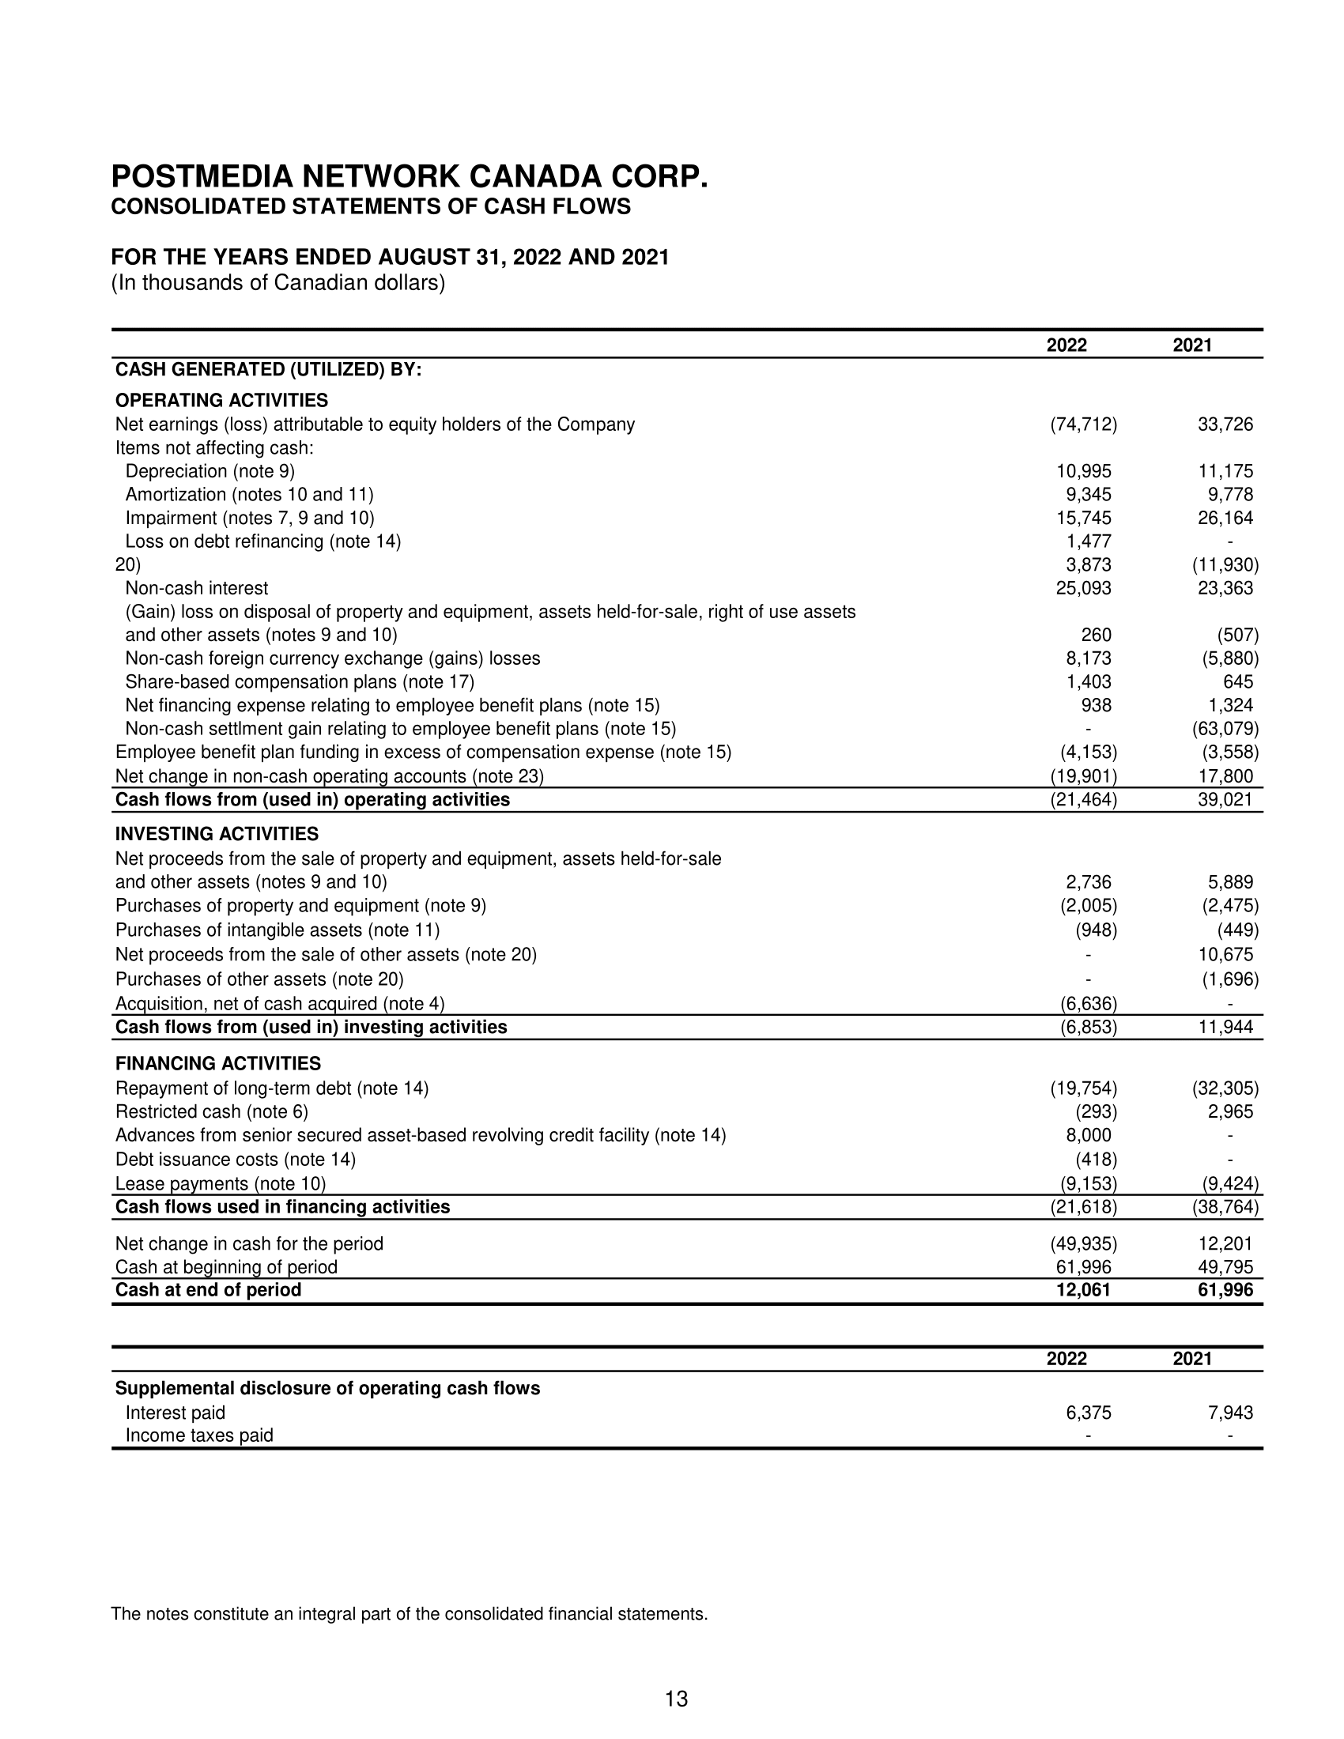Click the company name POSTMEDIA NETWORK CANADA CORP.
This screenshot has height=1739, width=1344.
[x=410, y=177]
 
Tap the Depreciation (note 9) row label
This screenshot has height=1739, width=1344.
[x=210, y=471]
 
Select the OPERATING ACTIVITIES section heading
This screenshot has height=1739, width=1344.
[x=221, y=400]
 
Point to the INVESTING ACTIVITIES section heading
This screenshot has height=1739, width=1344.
[x=217, y=834]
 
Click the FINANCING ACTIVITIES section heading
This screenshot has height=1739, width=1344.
[x=218, y=1063]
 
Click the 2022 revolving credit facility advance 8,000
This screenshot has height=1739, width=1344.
[x=1083, y=1134]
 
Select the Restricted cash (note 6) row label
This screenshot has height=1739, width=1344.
[x=212, y=1111]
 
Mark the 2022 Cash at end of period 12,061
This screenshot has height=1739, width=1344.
[x=1083, y=1289]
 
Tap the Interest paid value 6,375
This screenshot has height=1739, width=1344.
[x=1089, y=1413]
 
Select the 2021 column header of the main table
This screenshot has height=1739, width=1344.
[x=1192, y=345]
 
